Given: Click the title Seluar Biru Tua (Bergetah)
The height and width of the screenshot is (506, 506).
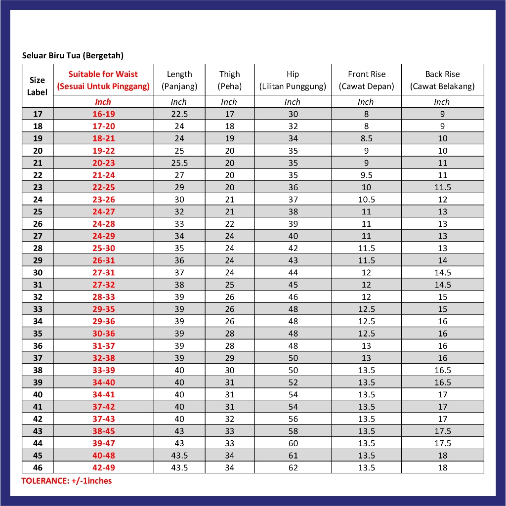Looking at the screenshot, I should (73, 55).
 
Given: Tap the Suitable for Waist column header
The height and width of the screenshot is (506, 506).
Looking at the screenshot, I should (103, 80).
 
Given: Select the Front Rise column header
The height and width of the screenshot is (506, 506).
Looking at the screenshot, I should (366, 80).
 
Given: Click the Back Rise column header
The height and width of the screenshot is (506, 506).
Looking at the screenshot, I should (442, 80).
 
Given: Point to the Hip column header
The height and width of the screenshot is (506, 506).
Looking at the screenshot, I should (293, 80).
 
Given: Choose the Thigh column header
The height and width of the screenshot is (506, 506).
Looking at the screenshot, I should (229, 80).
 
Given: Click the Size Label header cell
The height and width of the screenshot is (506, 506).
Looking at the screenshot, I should (38, 86).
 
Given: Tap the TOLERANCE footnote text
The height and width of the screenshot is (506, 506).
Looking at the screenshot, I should (67, 481).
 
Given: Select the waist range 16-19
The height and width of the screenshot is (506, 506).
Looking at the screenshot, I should (103, 114).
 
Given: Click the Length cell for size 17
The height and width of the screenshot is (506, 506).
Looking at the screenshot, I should (179, 114).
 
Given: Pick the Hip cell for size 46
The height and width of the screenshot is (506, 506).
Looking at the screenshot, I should (293, 467).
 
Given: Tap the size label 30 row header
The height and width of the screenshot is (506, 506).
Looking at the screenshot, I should (38, 273).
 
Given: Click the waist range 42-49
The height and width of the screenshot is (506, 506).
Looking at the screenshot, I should (103, 467).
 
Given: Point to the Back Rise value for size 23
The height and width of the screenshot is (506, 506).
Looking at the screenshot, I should (442, 187).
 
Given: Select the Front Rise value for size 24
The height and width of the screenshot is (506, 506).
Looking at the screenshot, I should (366, 200).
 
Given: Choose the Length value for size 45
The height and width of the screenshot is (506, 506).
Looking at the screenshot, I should (179, 456).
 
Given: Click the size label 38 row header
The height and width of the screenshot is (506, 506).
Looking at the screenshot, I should (38, 370).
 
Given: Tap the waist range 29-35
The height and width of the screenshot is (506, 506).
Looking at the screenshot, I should (103, 309).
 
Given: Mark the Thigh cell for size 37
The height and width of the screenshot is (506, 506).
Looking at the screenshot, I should (229, 358).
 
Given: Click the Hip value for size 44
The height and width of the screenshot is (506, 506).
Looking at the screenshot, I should (293, 443).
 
